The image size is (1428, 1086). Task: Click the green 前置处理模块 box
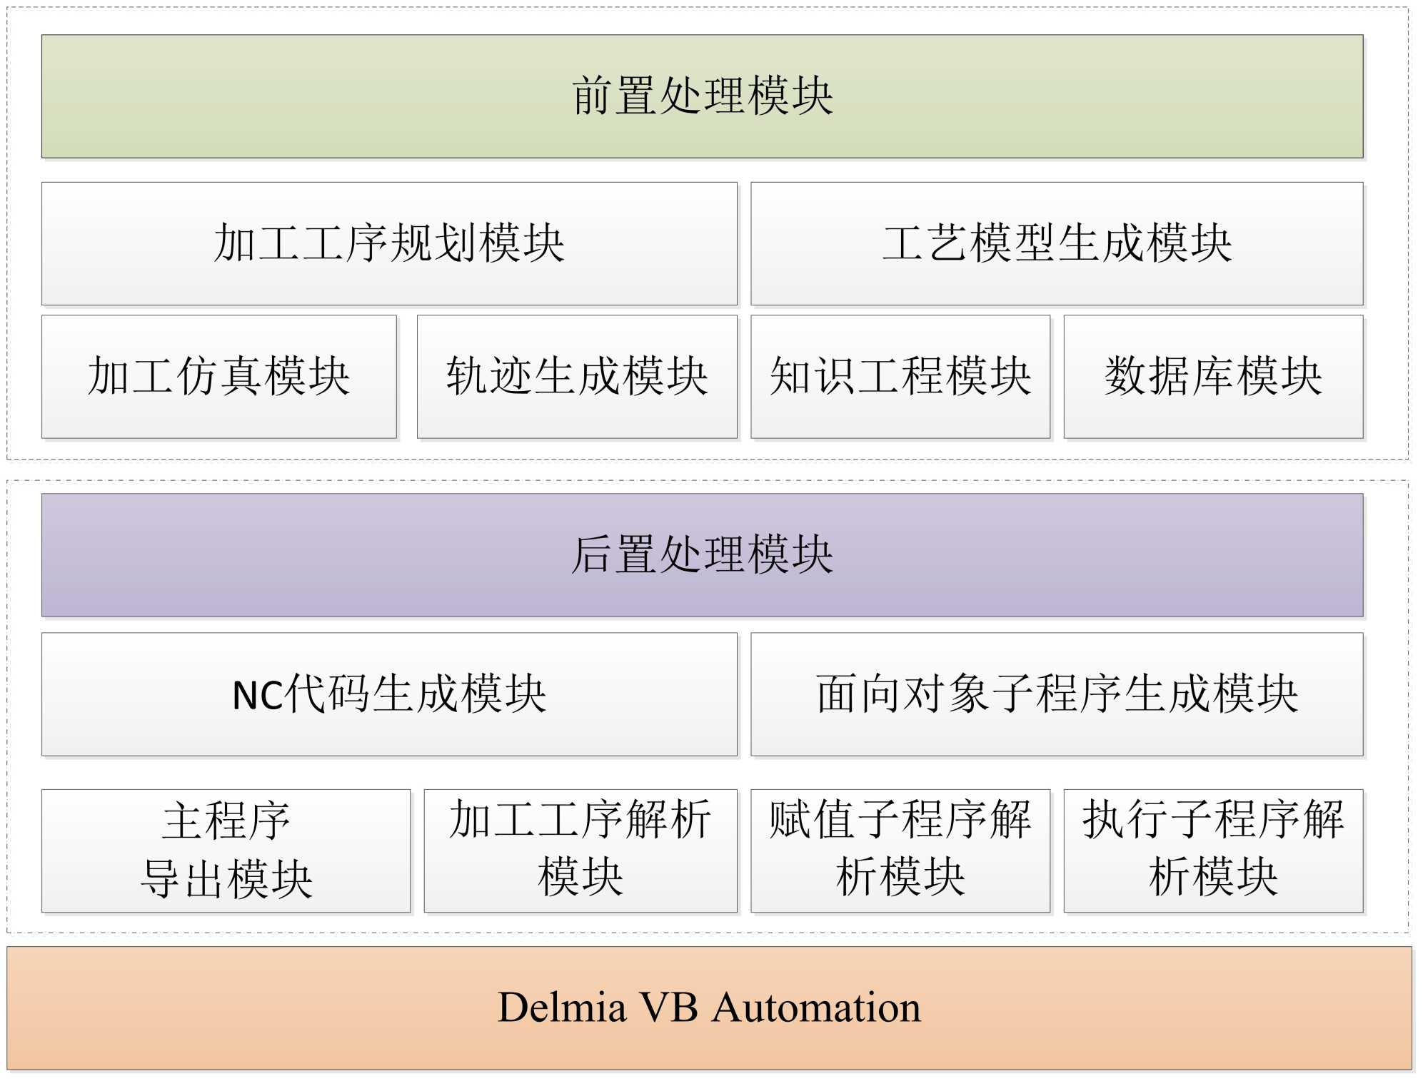[x=702, y=96]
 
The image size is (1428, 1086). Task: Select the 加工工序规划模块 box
[x=389, y=243]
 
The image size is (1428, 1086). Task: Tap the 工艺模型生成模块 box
[x=1057, y=243]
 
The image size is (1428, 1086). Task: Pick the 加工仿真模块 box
[x=218, y=376]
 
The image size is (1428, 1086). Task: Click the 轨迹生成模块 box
[x=577, y=376]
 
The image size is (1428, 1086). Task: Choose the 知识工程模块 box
[x=900, y=376]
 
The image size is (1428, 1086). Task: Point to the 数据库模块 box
[x=1213, y=376]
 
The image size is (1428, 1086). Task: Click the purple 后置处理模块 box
[x=702, y=554]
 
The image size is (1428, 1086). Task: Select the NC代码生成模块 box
[x=389, y=694]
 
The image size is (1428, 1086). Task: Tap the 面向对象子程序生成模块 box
[x=1057, y=694]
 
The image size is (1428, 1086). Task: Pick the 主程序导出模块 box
[x=226, y=850]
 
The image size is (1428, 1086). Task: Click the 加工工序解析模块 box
[x=580, y=850]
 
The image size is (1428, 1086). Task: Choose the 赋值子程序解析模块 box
[x=900, y=850]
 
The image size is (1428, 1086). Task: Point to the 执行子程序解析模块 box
[x=1213, y=850]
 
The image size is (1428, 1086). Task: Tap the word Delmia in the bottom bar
[x=562, y=1008]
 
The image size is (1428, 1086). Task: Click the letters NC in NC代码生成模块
[x=257, y=695]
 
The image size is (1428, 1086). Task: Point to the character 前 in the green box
[x=593, y=96]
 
